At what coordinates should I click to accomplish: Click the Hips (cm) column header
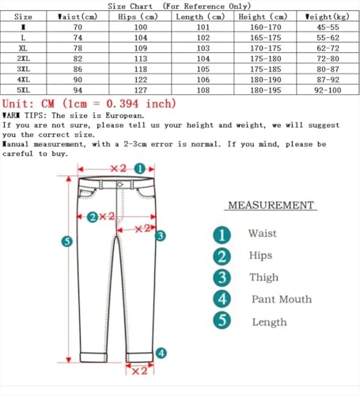[132, 16]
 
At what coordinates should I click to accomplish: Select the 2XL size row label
[24, 59]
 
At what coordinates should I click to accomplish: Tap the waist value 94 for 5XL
[78, 90]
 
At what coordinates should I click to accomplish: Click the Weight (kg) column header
[326, 16]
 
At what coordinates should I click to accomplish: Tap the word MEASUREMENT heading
[271, 205]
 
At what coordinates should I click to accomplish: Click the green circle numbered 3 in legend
[223, 277]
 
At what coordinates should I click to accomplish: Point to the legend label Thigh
[263, 277]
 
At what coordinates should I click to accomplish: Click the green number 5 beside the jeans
[66, 241]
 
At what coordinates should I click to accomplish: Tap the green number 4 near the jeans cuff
[161, 353]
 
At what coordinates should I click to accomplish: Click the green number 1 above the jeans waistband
[139, 169]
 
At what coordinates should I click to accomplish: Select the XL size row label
[24, 48]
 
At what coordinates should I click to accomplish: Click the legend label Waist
[263, 234]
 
